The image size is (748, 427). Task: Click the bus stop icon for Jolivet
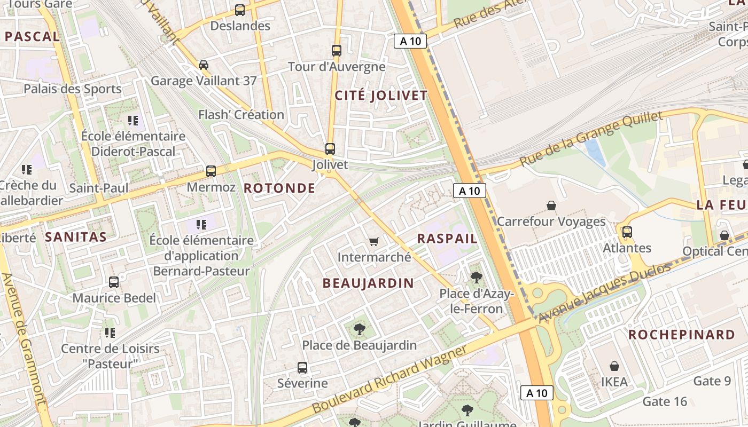tap(330, 149)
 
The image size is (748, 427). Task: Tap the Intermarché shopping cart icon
tap(374, 242)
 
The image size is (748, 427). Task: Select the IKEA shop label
tap(614, 382)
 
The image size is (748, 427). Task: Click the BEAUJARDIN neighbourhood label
tap(368, 283)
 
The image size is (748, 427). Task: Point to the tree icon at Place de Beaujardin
tap(360, 329)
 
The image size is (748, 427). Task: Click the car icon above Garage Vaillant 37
tap(204, 65)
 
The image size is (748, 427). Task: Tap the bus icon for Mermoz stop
tap(211, 171)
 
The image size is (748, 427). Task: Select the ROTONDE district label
tap(279, 188)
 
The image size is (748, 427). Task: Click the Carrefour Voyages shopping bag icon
tap(551, 205)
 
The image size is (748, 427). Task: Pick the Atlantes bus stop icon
tap(627, 232)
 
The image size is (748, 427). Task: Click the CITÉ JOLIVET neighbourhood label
tap(381, 96)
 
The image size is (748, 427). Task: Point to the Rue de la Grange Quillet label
tap(591, 138)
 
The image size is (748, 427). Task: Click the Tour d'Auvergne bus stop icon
tap(337, 51)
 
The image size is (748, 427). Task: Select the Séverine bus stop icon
tap(302, 368)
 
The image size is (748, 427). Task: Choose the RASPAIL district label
tap(447, 239)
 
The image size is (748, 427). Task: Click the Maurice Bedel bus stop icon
tap(114, 282)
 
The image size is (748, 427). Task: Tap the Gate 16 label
tap(665, 401)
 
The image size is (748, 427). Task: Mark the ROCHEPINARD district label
tap(681, 335)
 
